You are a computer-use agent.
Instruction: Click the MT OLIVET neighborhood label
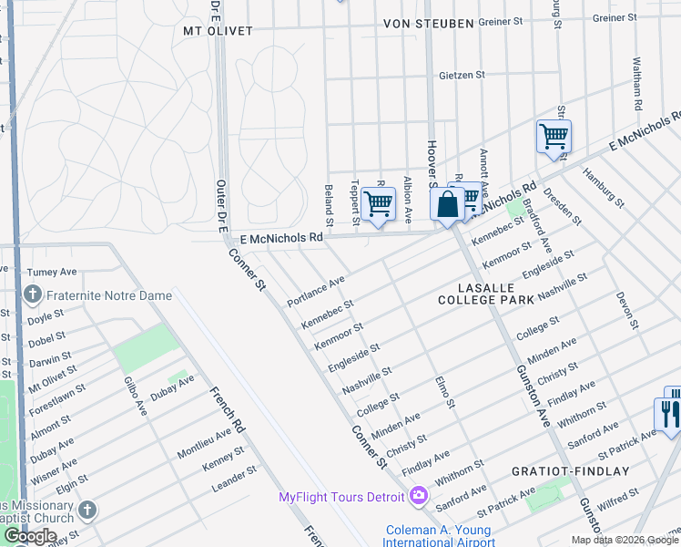coord(218,31)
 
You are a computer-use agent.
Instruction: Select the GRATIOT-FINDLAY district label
coord(583,471)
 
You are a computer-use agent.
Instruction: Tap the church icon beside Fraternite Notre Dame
coord(33,294)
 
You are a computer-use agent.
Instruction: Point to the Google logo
coord(30,536)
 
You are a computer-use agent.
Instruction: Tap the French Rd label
coord(228,411)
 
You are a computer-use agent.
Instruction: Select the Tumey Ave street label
coord(53,272)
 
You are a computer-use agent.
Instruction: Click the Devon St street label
coord(624,309)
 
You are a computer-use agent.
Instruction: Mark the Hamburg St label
coord(603,188)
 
